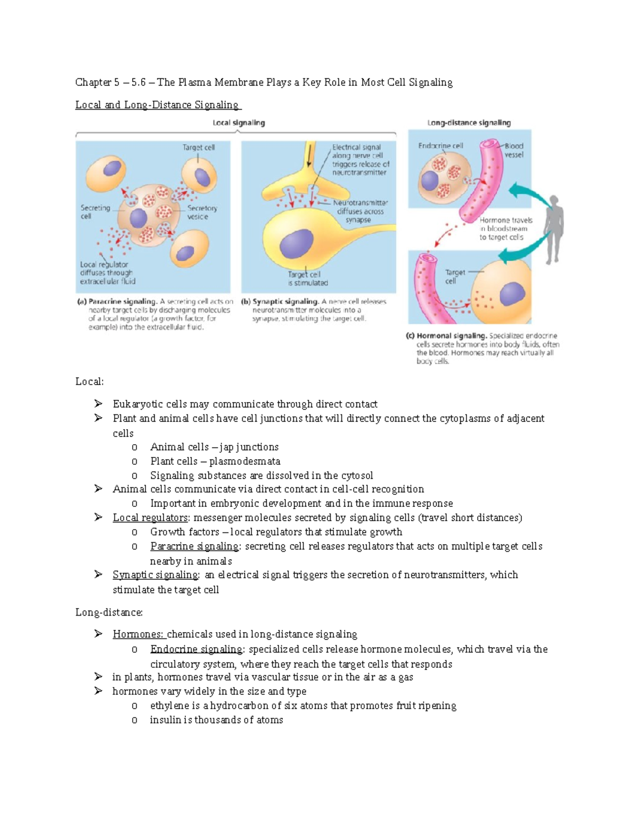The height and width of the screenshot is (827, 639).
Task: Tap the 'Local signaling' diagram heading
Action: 239,123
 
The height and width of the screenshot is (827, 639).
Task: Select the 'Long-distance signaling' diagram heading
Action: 469,123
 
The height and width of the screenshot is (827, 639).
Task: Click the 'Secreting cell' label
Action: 95,212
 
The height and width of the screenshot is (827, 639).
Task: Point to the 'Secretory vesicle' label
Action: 202,212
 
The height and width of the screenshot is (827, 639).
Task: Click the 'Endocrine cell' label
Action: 440,145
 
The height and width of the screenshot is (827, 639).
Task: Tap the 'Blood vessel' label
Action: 514,150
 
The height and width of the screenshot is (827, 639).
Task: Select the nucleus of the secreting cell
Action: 138,218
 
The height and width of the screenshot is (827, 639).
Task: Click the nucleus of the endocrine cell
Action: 430,181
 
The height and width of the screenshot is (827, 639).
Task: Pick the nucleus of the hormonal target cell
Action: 512,294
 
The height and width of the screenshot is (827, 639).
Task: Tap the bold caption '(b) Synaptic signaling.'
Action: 280,301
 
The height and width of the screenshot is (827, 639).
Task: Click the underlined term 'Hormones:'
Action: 138,634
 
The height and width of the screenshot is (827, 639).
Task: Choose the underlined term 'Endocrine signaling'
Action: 196,649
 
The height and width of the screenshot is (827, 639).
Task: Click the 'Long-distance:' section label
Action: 109,612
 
